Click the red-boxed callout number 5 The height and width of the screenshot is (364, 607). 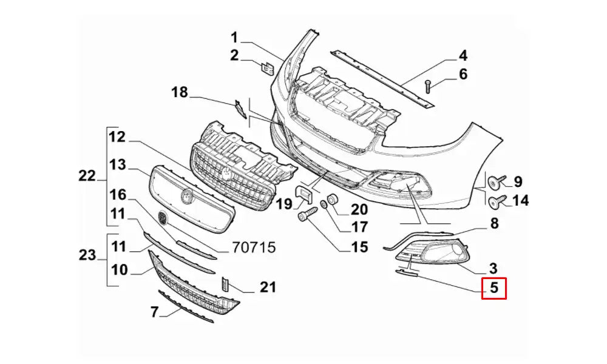494,288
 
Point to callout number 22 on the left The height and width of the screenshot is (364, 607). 87,176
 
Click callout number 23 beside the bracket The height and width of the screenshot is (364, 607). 87,255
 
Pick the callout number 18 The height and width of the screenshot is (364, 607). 180,93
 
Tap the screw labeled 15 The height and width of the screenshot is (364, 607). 306,215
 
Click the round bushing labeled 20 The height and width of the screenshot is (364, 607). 333,200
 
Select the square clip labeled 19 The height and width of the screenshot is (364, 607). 303,195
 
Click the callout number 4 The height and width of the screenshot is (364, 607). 463,56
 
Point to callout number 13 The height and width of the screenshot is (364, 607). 118,165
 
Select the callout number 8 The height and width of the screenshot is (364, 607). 494,223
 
